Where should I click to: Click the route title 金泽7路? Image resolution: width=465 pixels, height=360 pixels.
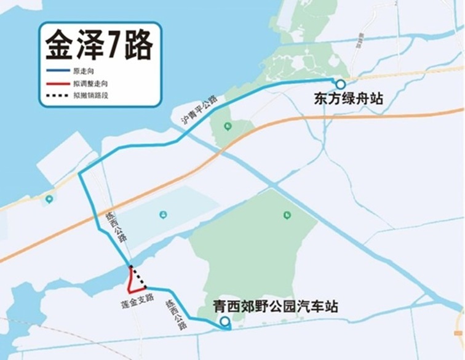pos(99,46)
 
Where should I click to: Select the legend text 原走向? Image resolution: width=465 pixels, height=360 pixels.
pos(82,72)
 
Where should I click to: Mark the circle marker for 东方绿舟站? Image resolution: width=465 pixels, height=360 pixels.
pos(339,84)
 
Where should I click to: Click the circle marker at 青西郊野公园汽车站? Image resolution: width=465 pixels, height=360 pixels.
pos(225,321)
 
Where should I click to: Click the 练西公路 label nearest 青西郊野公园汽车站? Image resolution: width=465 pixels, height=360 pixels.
pos(176,315)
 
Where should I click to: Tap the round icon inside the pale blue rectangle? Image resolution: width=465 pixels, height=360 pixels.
pos(163,214)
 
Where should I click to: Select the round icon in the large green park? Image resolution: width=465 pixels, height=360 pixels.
pos(287,215)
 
